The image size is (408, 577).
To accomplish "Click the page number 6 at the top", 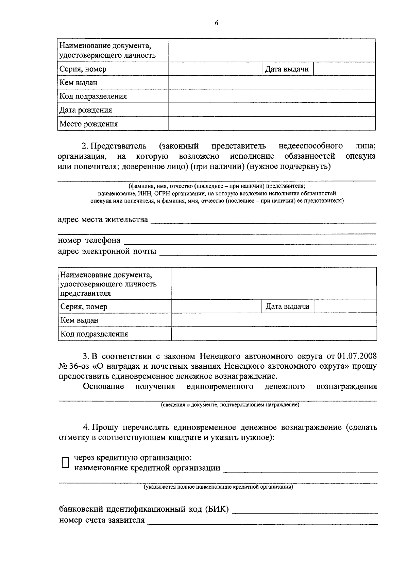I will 216,23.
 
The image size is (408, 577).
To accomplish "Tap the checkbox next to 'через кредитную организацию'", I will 65,462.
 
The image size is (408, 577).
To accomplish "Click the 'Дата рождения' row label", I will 86,110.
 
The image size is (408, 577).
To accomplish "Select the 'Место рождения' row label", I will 89,124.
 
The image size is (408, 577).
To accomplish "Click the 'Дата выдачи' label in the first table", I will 287,69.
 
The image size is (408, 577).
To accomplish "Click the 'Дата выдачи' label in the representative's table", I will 287,307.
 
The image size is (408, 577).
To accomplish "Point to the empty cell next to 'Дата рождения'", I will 272,110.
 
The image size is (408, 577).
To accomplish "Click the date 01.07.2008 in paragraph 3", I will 357,356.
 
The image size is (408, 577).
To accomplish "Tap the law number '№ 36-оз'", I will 73,367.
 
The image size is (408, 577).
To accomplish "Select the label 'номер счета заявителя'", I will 102,520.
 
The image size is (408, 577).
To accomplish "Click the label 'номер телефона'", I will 89,241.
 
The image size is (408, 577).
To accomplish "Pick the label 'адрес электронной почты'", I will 107,251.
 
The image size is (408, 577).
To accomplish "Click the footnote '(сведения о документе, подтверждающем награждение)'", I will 230,405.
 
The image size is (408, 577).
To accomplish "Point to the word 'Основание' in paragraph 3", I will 103,387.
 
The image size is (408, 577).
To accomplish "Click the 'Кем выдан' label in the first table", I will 79,83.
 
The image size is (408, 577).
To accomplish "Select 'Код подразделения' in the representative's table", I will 94,334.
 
